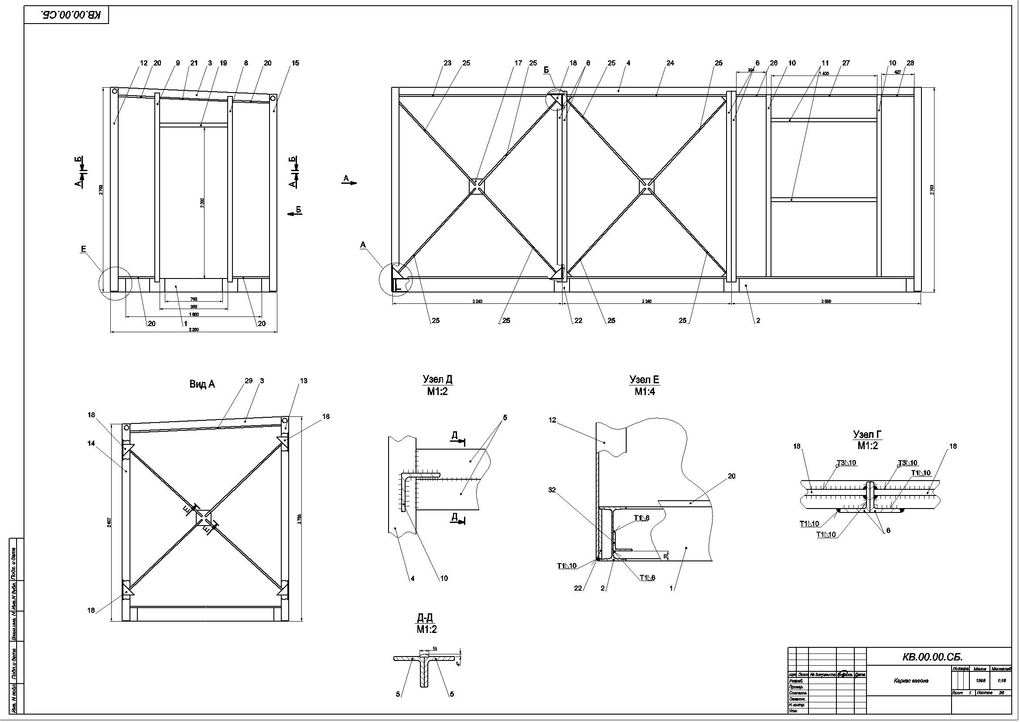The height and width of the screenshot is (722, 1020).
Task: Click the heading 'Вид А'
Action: click(202, 385)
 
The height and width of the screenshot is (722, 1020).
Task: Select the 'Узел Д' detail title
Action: click(437, 380)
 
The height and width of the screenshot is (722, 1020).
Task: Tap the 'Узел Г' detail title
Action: click(867, 434)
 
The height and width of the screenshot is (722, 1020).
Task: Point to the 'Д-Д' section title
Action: click(425, 618)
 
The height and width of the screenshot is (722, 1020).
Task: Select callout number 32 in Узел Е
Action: click(552, 490)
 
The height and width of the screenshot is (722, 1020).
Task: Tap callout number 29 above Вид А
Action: click(248, 381)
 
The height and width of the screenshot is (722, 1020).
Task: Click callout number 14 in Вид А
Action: click(91, 443)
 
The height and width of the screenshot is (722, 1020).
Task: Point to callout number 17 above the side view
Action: click(518, 63)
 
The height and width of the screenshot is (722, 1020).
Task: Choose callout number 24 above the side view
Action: click(670, 63)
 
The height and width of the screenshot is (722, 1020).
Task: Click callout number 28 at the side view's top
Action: click(910, 63)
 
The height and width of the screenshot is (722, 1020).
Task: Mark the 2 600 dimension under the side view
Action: click(826, 302)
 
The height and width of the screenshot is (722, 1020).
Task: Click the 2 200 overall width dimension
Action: click(193, 330)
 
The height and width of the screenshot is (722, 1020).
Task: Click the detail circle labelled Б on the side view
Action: click(556, 99)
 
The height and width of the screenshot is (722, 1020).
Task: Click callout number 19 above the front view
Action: click(223, 63)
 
